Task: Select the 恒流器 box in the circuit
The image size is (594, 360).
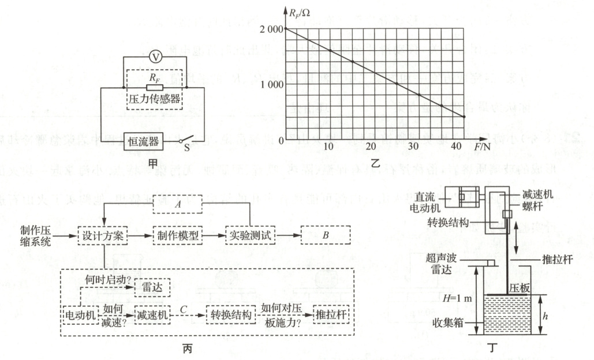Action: tap(143, 140)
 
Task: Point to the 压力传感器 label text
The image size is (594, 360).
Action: tap(154, 99)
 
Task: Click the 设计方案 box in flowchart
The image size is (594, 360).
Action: tap(103, 236)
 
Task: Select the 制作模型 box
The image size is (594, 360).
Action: tap(178, 236)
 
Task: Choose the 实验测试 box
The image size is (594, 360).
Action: tap(249, 236)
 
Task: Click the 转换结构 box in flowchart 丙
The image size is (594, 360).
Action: tap(230, 315)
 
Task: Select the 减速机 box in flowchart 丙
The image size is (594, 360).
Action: tap(152, 315)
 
